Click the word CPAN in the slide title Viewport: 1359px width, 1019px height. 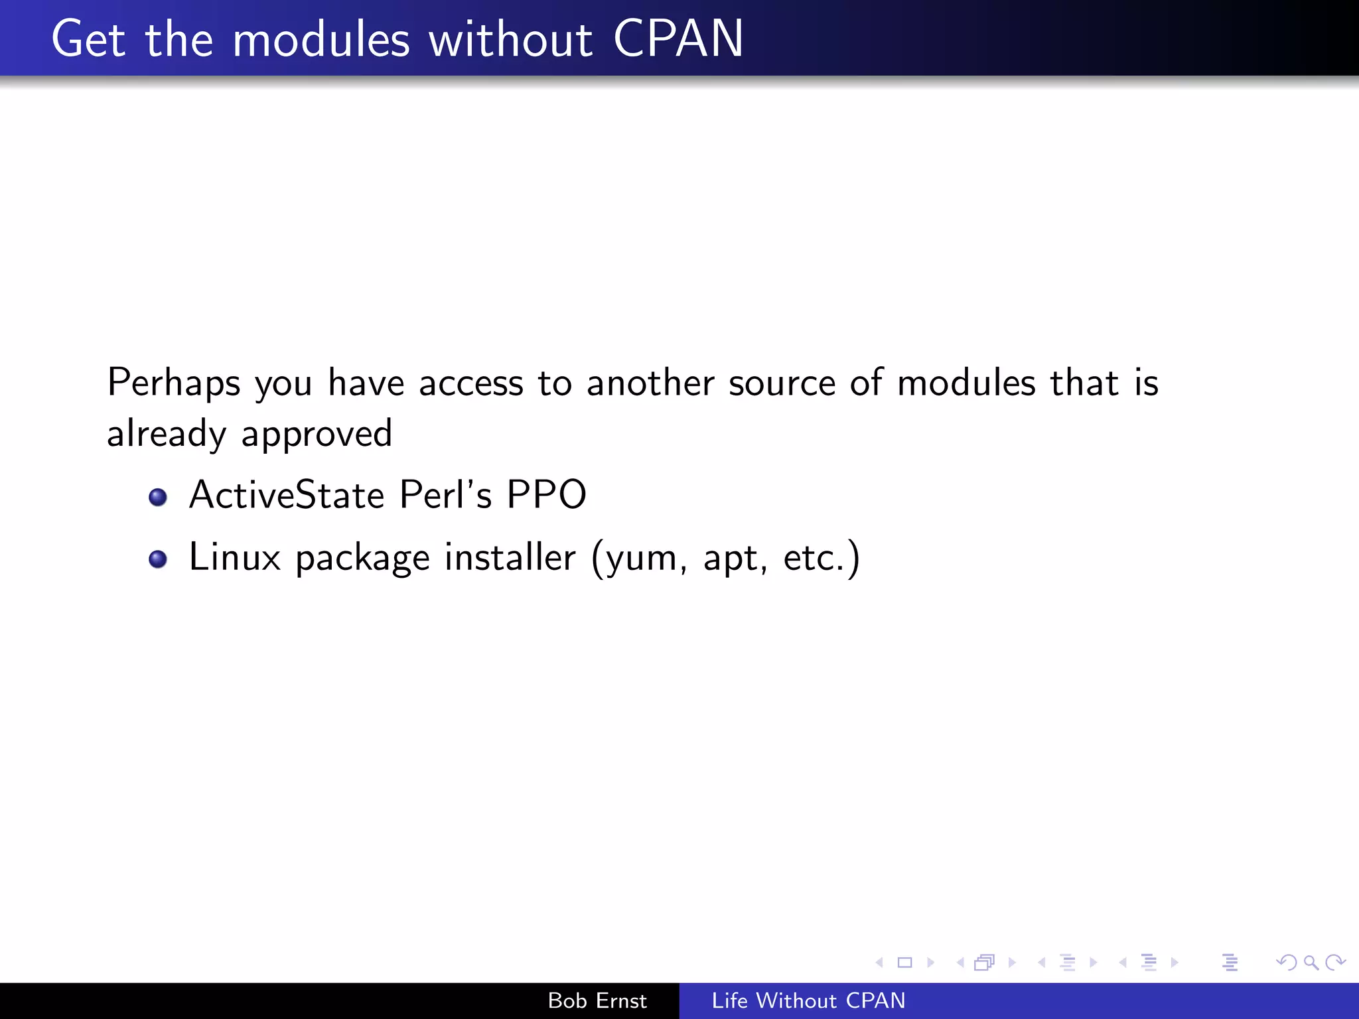pos(678,39)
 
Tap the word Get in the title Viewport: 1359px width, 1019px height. pos(88,39)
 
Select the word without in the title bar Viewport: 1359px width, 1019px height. pos(510,39)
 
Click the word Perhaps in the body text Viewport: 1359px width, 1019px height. pos(174,383)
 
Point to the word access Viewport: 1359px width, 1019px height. pos(471,383)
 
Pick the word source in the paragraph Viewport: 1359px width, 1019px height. pos(782,383)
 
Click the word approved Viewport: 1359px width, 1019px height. pos(317,435)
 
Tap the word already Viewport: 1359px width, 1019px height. pos(167,435)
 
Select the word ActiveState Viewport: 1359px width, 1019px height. pos(287,495)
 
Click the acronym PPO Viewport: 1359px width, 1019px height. pos(546,495)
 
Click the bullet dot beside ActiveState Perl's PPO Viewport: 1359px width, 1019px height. pos(158,497)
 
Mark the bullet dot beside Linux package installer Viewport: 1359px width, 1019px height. pos(158,559)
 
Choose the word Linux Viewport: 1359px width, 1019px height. pos(235,557)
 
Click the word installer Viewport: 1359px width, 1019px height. pos(510,557)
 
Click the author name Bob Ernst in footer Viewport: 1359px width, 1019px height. pos(597,1000)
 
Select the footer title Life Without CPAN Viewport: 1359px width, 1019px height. pos(808,1000)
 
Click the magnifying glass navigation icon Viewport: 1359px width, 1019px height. pos(1311,962)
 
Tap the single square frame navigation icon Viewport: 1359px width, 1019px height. pos(904,962)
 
